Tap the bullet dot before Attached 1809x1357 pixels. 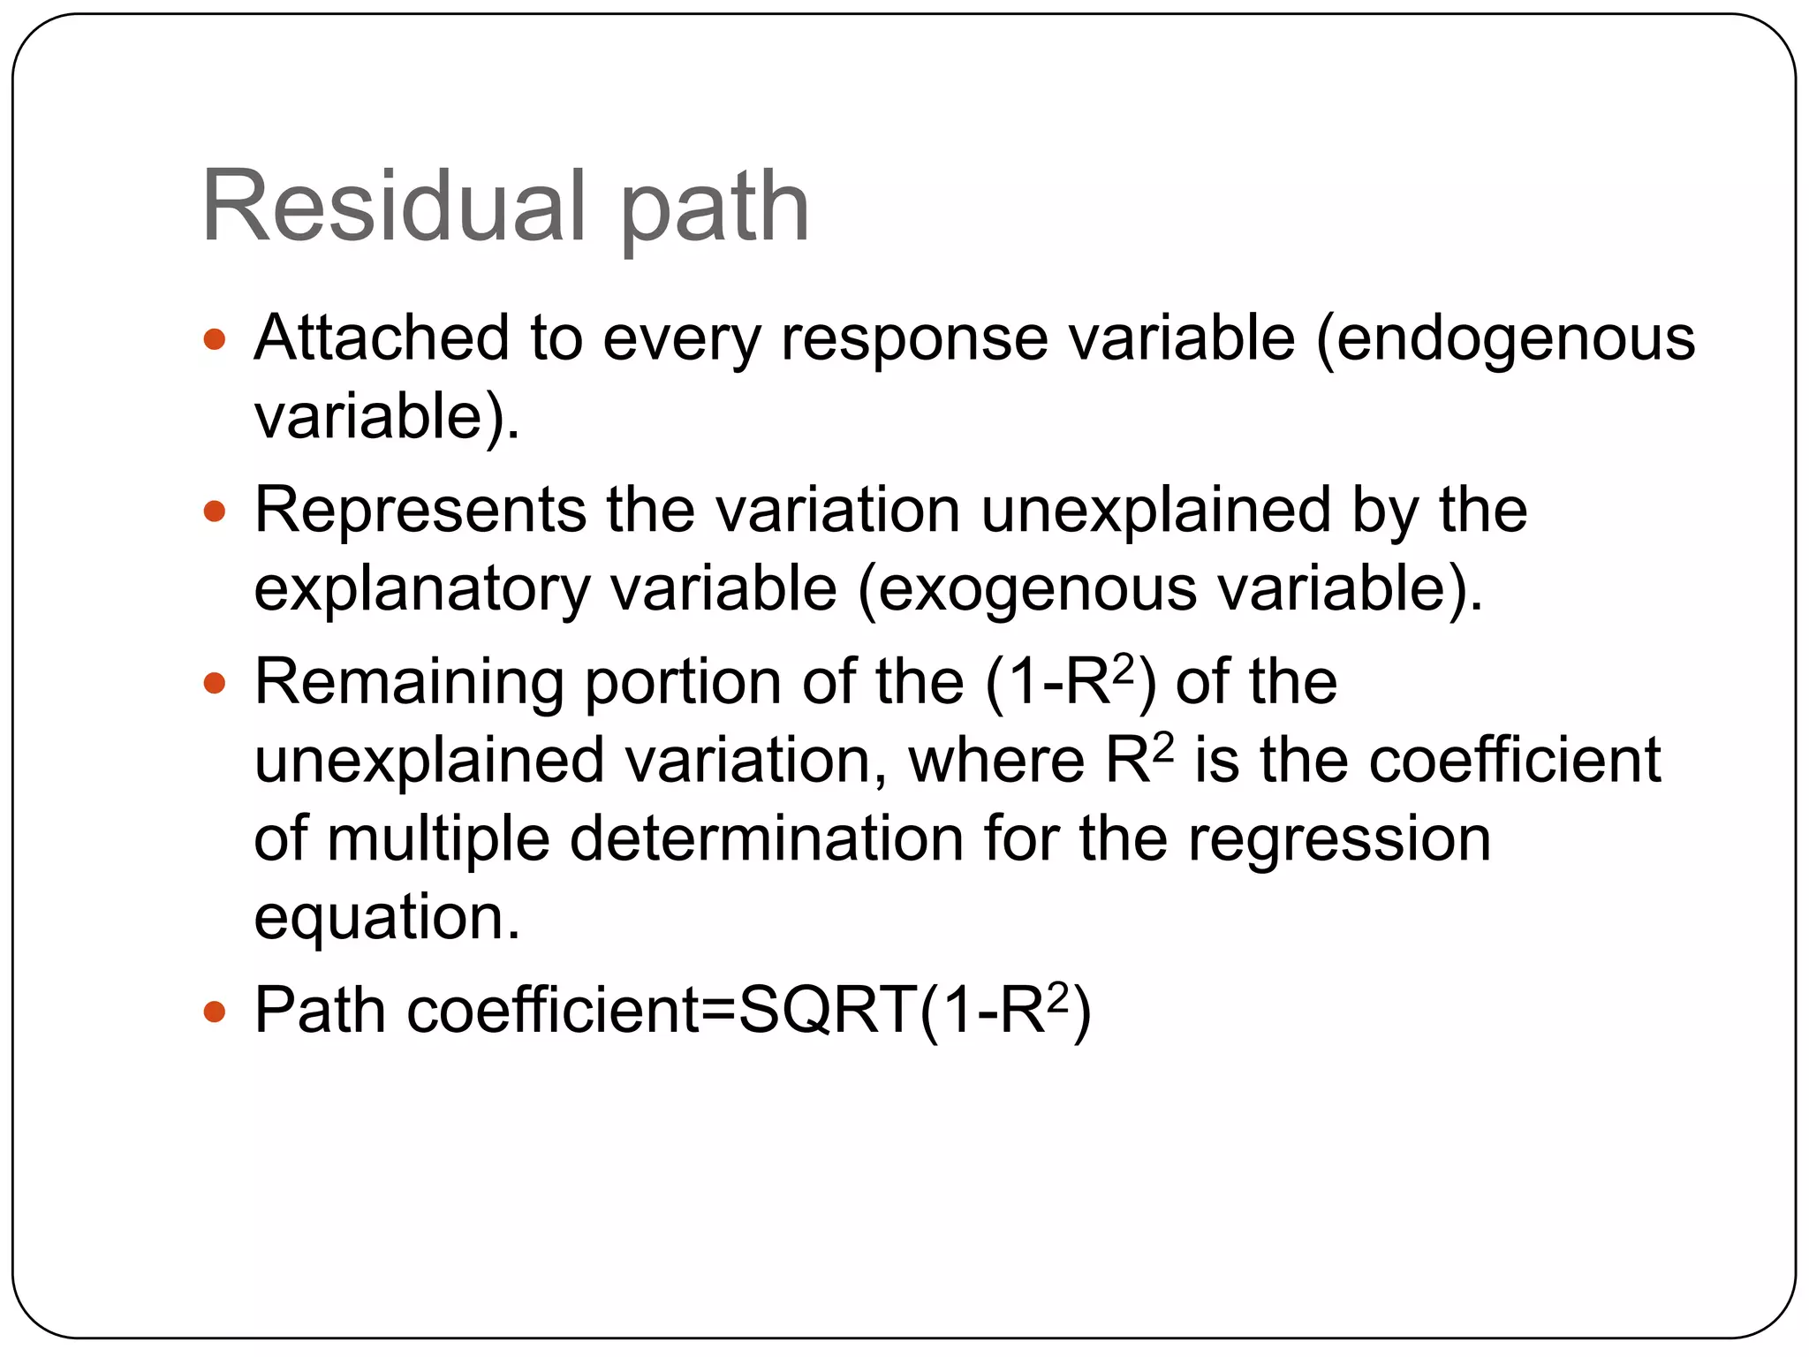point(215,339)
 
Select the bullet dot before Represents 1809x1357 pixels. point(215,511)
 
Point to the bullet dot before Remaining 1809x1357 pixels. point(215,683)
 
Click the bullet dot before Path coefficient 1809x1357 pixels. point(215,1010)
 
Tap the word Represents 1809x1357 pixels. point(420,511)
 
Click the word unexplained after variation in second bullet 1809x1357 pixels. point(1155,512)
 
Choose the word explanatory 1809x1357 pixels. point(421,590)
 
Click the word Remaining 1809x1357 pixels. point(409,684)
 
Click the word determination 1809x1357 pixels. point(767,838)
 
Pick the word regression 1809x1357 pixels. point(1339,840)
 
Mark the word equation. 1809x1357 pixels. point(387,918)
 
